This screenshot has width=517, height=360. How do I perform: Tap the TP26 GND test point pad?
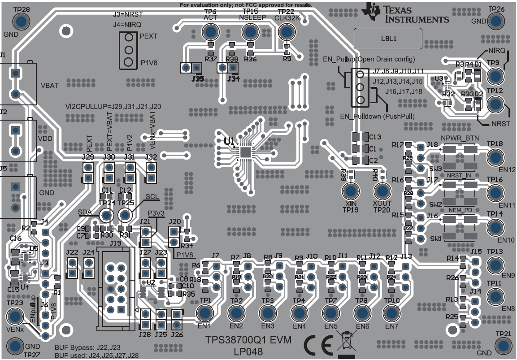(x=496, y=21)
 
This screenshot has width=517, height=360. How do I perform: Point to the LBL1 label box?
(x=388, y=39)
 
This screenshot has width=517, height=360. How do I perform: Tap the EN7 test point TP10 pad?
(x=391, y=313)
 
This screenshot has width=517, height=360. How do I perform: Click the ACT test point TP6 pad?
(x=210, y=32)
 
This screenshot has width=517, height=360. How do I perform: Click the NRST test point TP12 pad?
(x=495, y=104)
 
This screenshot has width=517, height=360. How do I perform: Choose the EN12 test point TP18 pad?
(x=495, y=157)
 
